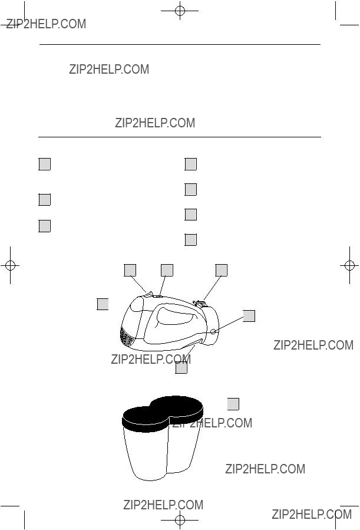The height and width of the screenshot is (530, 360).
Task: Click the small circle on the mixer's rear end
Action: point(213,331)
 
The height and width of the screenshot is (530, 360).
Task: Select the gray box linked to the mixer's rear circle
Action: point(249,316)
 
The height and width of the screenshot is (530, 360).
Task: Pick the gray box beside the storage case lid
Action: point(233,404)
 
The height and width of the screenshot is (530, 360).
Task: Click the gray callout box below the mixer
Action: point(181,368)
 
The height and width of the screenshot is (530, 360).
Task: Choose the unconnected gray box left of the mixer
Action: point(103,304)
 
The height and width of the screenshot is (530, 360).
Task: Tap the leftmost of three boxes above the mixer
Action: point(130,270)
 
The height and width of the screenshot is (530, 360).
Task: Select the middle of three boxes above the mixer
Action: point(167,270)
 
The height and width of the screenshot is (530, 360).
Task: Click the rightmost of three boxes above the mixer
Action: point(221,270)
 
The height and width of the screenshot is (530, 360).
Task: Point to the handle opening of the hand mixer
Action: point(177,315)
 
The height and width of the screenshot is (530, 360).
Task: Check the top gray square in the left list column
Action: point(45,164)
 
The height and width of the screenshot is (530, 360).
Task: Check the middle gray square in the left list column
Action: point(45,199)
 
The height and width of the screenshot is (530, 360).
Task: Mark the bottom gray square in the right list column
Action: point(191,239)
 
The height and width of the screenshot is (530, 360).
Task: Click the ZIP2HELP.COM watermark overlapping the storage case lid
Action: point(213,423)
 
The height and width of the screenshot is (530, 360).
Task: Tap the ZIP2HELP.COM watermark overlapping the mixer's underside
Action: point(151,359)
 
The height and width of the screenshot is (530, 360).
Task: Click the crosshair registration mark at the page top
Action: point(180,11)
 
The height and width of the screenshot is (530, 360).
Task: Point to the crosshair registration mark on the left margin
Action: point(10,265)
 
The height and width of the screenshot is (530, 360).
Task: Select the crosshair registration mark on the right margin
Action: point(349,265)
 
